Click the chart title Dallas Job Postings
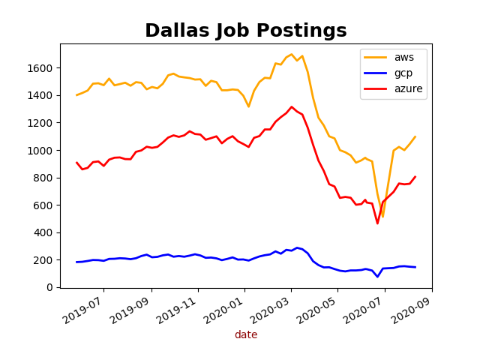(246, 31)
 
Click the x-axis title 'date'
(246, 334)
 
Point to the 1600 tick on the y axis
(42, 68)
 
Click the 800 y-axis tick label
(45, 178)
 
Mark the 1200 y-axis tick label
(42, 123)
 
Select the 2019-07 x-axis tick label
(83, 309)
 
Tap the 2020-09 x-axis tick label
(412, 309)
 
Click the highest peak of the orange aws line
(292, 54)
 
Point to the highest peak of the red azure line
(292, 106)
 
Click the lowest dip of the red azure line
(378, 223)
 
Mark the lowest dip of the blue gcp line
(378, 277)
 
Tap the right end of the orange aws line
(415, 136)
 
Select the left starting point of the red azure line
(76, 162)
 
